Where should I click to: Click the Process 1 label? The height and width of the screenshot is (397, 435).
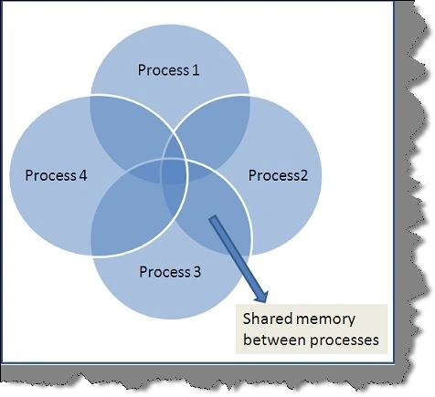[168, 70]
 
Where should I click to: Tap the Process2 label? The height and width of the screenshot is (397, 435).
[278, 175]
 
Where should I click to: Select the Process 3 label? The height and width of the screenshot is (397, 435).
[170, 272]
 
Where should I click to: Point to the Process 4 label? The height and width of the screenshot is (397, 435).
[56, 175]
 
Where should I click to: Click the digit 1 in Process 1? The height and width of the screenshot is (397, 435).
[196, 70]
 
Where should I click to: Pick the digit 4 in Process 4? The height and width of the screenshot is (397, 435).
[83, 175]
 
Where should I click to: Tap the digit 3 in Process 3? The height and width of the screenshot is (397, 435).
[197, 272]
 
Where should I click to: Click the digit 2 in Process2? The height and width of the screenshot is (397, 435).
[303, 175]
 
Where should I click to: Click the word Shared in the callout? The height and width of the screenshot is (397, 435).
[267, 319]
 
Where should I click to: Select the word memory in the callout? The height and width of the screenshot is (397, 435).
[325, 320]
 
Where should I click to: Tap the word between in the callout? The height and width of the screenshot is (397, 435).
[275, 340]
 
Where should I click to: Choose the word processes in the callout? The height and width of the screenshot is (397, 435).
[345, 340]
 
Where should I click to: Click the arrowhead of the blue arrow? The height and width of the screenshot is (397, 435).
[261, 297]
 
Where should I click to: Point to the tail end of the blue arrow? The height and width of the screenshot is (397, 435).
[213, 217]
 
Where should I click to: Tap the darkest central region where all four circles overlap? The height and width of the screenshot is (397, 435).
[175, 171]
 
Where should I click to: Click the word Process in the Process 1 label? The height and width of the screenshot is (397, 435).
[164, 70]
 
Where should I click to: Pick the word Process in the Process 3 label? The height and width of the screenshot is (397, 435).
[164, 272]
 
